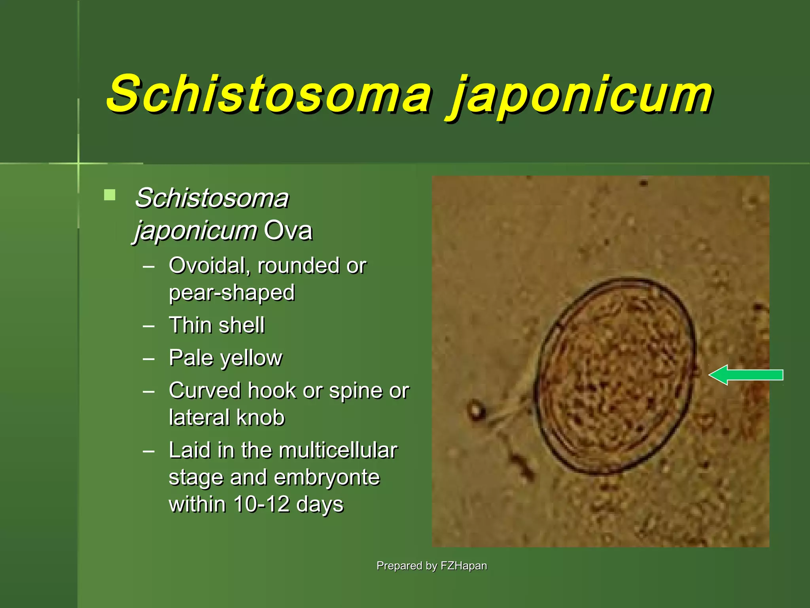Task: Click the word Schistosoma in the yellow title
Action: (269, 94)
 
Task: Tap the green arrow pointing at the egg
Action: (746, 375)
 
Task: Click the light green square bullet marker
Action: (110, 195)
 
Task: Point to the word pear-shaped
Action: (232, 293)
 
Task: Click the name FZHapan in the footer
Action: (464, 566)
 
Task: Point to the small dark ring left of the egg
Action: (476, 410)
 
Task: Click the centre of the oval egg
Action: (615, 376)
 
